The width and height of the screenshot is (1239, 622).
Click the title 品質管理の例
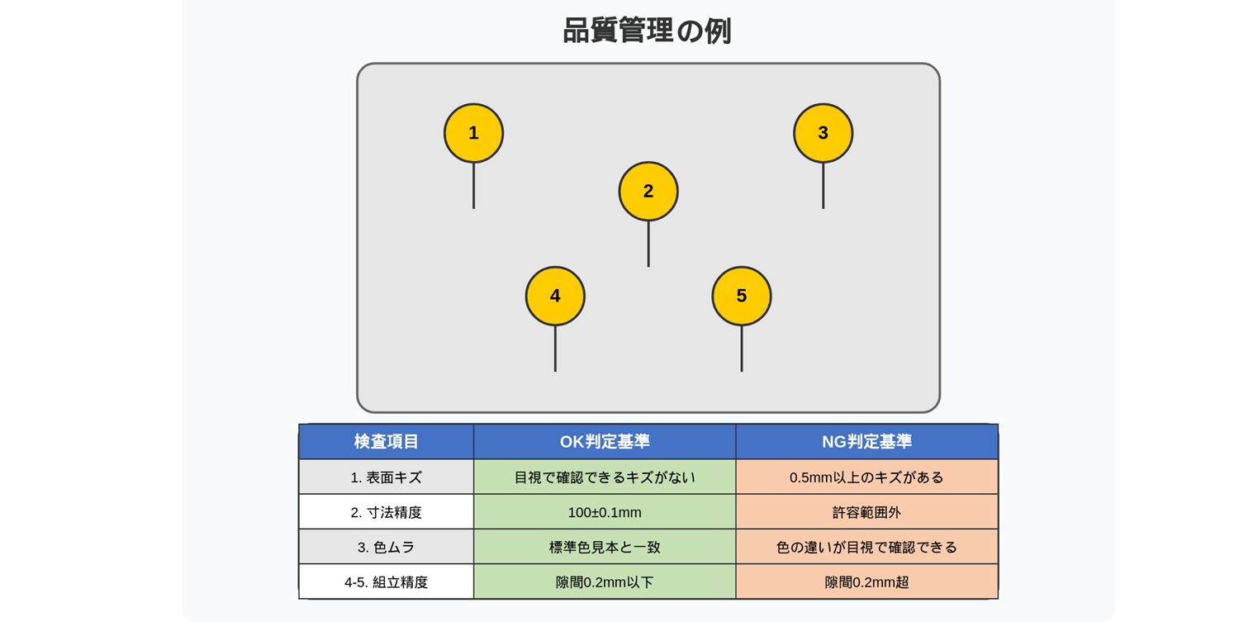647,31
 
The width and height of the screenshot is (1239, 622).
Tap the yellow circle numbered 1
473,133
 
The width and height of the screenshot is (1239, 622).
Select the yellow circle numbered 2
648,192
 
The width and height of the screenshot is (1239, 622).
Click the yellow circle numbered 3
823,133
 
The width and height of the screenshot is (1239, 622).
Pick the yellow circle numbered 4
555,296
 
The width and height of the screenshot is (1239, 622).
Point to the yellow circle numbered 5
742,296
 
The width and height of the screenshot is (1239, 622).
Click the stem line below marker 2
648,244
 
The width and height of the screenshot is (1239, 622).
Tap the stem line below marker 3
823,186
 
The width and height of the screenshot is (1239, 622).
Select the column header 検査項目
386,442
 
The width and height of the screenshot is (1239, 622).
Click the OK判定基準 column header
605,442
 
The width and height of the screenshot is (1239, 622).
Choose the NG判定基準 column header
866,442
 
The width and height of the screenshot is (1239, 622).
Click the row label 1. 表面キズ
386,477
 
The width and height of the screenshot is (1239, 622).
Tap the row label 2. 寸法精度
386,512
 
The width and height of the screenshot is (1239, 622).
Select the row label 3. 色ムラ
386,547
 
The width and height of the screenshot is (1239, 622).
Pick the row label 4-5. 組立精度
386,582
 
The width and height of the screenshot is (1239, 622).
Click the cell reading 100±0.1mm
605,512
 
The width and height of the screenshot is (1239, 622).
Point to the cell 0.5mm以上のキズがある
866,477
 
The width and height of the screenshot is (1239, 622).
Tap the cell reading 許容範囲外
866,512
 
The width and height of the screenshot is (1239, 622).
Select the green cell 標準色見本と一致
605,547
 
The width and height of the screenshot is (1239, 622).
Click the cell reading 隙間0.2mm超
866,582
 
